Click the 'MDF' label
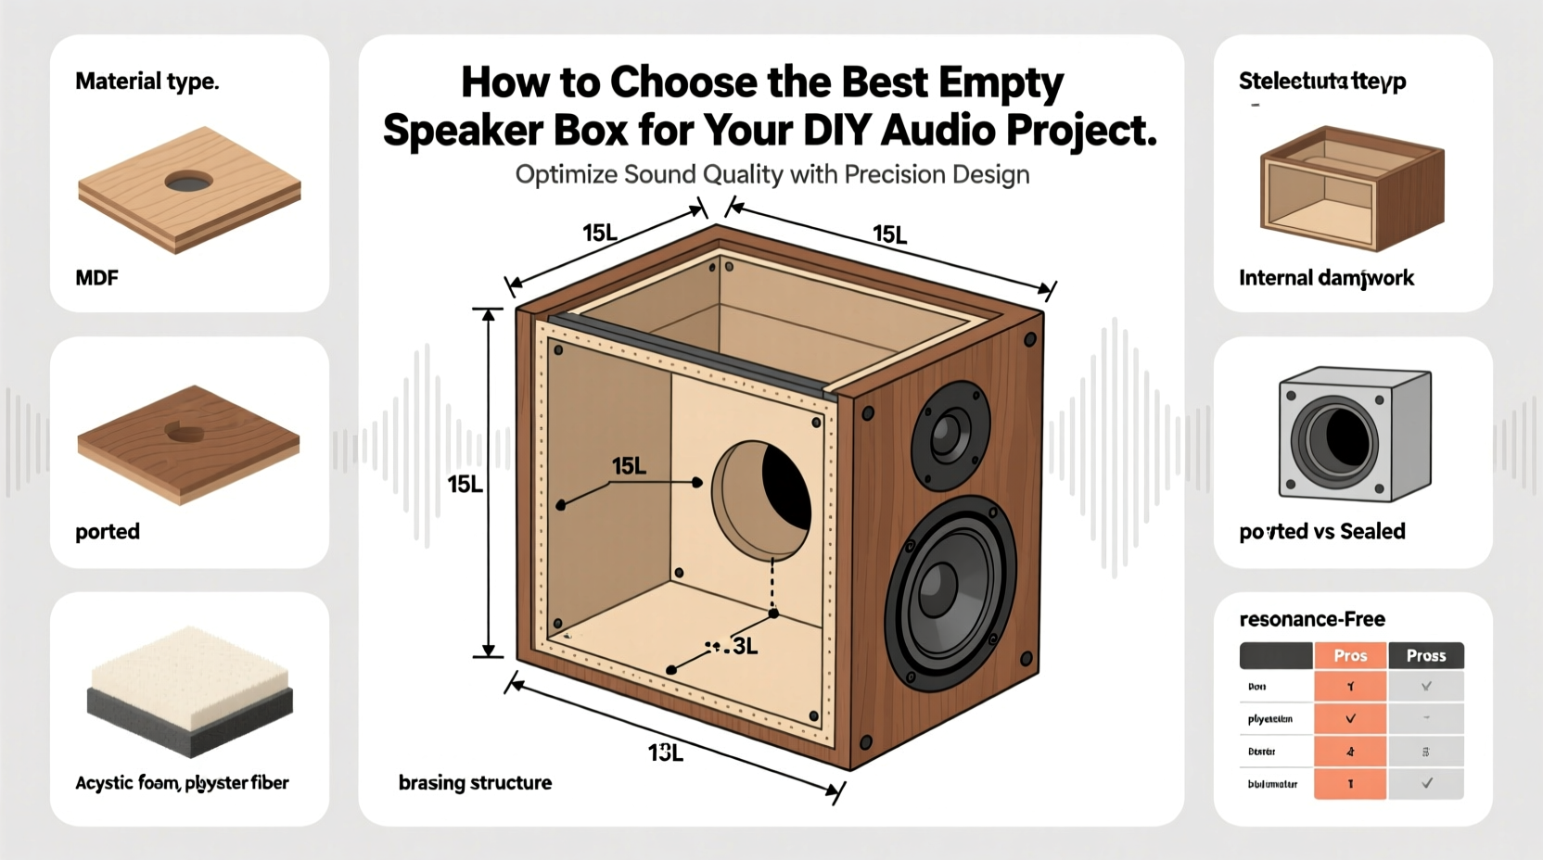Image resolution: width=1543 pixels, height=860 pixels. [x=96, y=278]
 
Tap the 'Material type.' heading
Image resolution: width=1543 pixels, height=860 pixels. [x=147, y=82]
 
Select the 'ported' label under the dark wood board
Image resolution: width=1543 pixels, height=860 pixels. [x=108, y=532]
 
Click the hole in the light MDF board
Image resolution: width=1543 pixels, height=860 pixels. [x=188, y=182]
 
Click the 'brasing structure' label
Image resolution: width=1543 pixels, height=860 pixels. [x=475, y=783]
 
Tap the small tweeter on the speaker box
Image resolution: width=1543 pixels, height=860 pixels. [x=950, y=434]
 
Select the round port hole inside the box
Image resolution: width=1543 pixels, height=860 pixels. [x=762, y=500]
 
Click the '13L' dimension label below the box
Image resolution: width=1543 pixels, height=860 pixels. [x=665, y=753]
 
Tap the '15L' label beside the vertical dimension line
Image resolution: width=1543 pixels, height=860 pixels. [x=465, y=485]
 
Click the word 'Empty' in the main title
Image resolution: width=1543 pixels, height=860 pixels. [x=1000, y=82]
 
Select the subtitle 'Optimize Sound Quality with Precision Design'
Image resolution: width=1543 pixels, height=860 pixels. [x=771, y=175]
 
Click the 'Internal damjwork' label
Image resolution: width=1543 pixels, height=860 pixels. [x=1326, y=278]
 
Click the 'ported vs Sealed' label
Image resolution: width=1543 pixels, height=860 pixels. [x=1321, y=532]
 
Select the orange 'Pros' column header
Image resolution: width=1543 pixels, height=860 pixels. [x=1350, y=656]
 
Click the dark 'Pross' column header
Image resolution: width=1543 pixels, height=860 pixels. [x=1425, y=656]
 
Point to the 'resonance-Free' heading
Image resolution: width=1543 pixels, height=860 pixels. [x=1311, y=619]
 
